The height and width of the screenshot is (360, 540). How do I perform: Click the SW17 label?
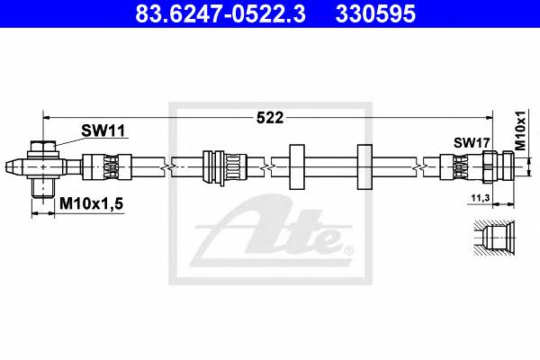tap(470, 142)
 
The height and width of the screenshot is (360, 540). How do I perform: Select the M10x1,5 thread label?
tap(91, 205)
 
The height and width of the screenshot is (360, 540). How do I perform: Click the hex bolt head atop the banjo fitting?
tap(42, 147)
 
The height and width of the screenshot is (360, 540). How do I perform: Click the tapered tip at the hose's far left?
tap(13, 167)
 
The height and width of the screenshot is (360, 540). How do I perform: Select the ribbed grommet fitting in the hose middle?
tap(224, 166)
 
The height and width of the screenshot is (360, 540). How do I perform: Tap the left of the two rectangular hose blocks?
tap(296, 166)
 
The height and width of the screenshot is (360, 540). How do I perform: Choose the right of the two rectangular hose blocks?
tap(364, 166)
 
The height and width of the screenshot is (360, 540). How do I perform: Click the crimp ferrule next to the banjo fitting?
tap(99, 167)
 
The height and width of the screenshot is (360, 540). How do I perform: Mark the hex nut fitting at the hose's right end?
tap(498, 166)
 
